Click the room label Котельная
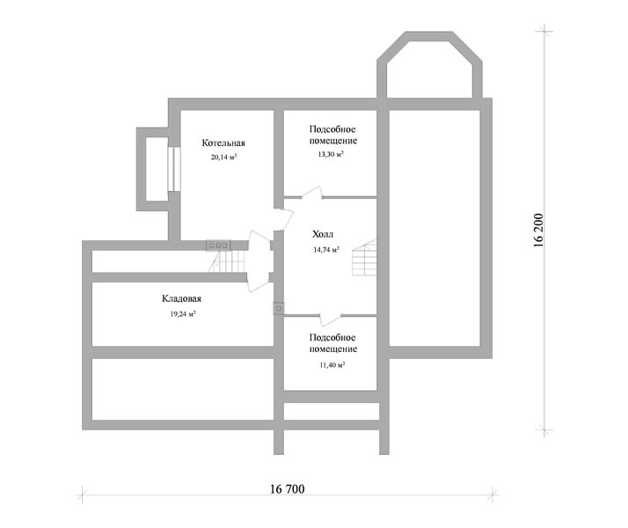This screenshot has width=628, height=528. point(223,143)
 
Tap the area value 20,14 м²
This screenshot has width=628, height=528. point(223,157)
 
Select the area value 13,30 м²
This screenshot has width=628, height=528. point(331,154)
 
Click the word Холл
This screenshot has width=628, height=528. point(323,234)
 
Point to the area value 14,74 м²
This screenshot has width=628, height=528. point(326,250)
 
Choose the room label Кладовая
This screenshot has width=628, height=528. point(181,298)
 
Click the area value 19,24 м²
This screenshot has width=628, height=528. point(183,314)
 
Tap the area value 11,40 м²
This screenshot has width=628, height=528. point(332,365)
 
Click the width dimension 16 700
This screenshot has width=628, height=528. point(287,489)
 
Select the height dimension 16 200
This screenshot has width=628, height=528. point(538,230)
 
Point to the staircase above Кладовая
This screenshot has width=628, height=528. point(227,261)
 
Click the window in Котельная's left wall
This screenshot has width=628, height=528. point(173,170)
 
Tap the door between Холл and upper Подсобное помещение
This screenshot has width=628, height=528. point(312,193)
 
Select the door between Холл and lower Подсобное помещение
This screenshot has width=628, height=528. point(331,319)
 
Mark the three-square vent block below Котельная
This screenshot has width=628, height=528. point(218,246)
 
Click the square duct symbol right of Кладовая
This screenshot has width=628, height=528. point(279,308)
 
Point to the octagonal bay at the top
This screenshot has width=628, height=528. point(429,64)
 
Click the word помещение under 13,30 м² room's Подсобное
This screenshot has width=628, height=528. point(332,141)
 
